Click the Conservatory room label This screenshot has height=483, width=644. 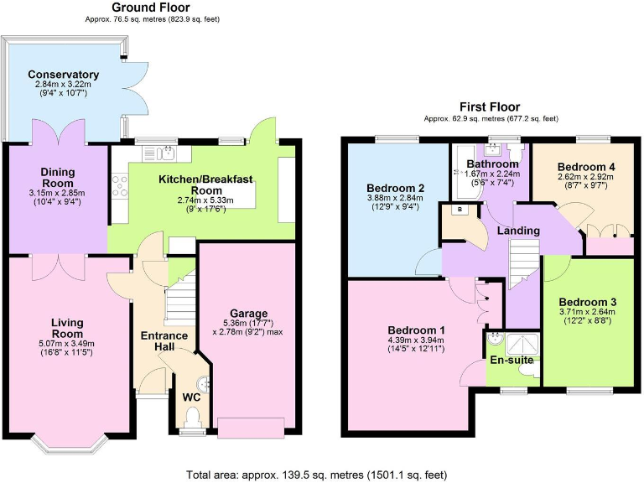pyautogui.click(x=63, y=75)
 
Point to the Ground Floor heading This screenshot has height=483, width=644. pyautogui.click(x=151, y=8)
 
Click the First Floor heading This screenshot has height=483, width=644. pyautogui.click(x=490, y=107)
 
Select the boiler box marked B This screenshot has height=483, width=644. pyautogui.click(x=461, y=210)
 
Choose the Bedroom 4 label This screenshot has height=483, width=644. pyautogui.click(x=586, y=167)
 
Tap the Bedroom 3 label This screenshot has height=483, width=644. pyautogui.click(x=588, y=302)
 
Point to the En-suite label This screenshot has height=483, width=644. pyautogui.click(x=511, y=361)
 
